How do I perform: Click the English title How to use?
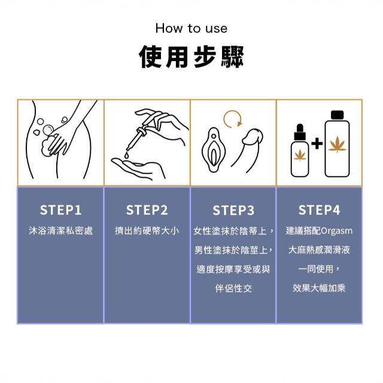point(191,28)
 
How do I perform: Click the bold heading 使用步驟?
point(191,56)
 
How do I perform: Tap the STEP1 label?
point(60,210)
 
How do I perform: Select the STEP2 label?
point(147,210)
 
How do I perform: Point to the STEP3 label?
point(233,210)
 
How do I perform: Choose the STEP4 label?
point(319,210)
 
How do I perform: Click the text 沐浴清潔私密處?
point(61,230)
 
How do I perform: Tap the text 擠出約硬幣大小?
point(147,230)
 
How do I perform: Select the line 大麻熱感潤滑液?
point(319,250)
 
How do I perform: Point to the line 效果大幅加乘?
point(319,288)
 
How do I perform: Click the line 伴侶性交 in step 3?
point(233,288)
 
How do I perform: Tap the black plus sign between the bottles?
point(317,144)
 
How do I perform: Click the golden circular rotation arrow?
point(224,120)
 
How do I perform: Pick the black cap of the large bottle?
point(337,115)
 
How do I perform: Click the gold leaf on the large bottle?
point(338,144)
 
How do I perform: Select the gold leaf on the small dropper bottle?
point(300,155)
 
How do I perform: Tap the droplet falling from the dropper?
point(126,155)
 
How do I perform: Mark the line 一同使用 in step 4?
point(318,269)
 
